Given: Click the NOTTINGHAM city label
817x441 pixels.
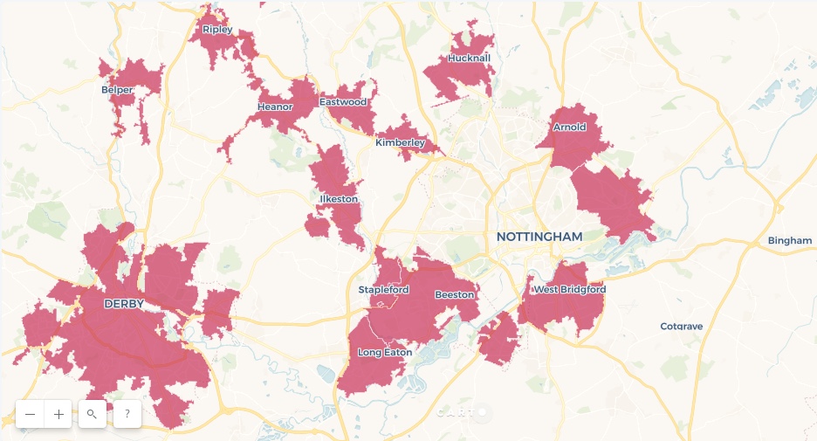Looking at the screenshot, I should click(x=539, y=237).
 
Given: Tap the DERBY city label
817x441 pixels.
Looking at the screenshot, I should click(x=123, y=304).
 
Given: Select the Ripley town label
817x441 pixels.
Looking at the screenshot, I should click(x=217, y=30).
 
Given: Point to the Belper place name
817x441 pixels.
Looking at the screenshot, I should click(x=117, y=89).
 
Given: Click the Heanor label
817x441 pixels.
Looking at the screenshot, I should click(x=275, y=107).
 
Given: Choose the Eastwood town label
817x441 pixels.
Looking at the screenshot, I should click(x=343, y=102).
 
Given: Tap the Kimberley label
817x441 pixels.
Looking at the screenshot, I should click(x=400, y=142).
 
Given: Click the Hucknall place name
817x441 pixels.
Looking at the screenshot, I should click(x=469, y=59).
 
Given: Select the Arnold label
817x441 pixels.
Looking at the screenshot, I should click(x=569, y=127).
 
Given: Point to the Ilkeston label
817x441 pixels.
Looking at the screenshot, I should click(x=339, y=199).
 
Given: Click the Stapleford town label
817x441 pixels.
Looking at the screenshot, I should click(x=383, y=289).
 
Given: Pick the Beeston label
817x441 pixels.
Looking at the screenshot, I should click(x=454, y=294).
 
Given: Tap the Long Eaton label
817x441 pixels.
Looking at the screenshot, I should click(x=383, y=353).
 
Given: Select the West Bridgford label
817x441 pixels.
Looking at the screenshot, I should click(x=569, y=289).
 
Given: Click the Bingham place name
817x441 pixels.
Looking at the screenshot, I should click(x=790, y=240).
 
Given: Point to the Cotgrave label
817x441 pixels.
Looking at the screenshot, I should click(x=681, y=327).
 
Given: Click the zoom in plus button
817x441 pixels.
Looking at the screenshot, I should click(x=58, y=415).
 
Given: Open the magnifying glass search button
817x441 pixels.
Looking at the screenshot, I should click(x=92, y=414).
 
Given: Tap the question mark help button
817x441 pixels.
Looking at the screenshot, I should click(x=127, y=414).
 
